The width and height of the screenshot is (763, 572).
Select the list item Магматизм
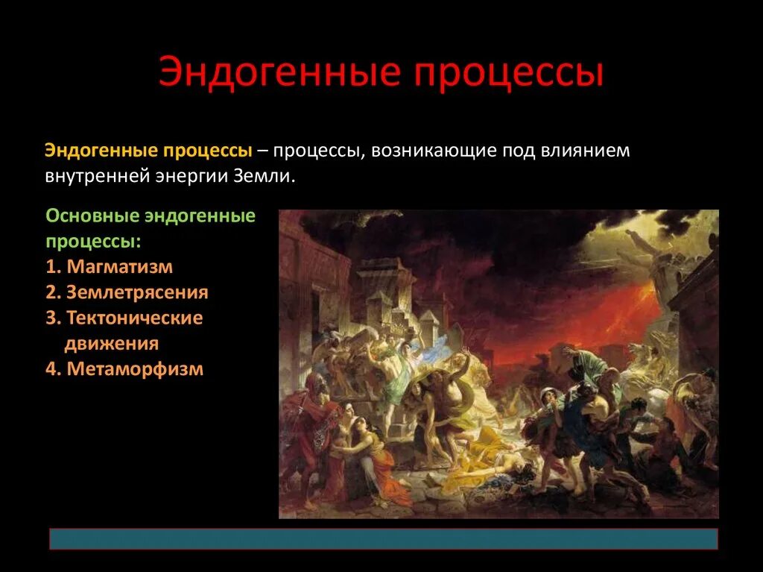coord(119,267)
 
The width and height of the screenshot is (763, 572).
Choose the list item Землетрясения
coord(137,292)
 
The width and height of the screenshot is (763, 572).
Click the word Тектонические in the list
coord(134,318)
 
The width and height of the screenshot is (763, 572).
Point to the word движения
coord(111,343)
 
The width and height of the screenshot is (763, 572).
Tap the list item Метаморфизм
coord(134,368)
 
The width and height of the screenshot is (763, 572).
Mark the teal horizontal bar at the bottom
coord(383,539)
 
